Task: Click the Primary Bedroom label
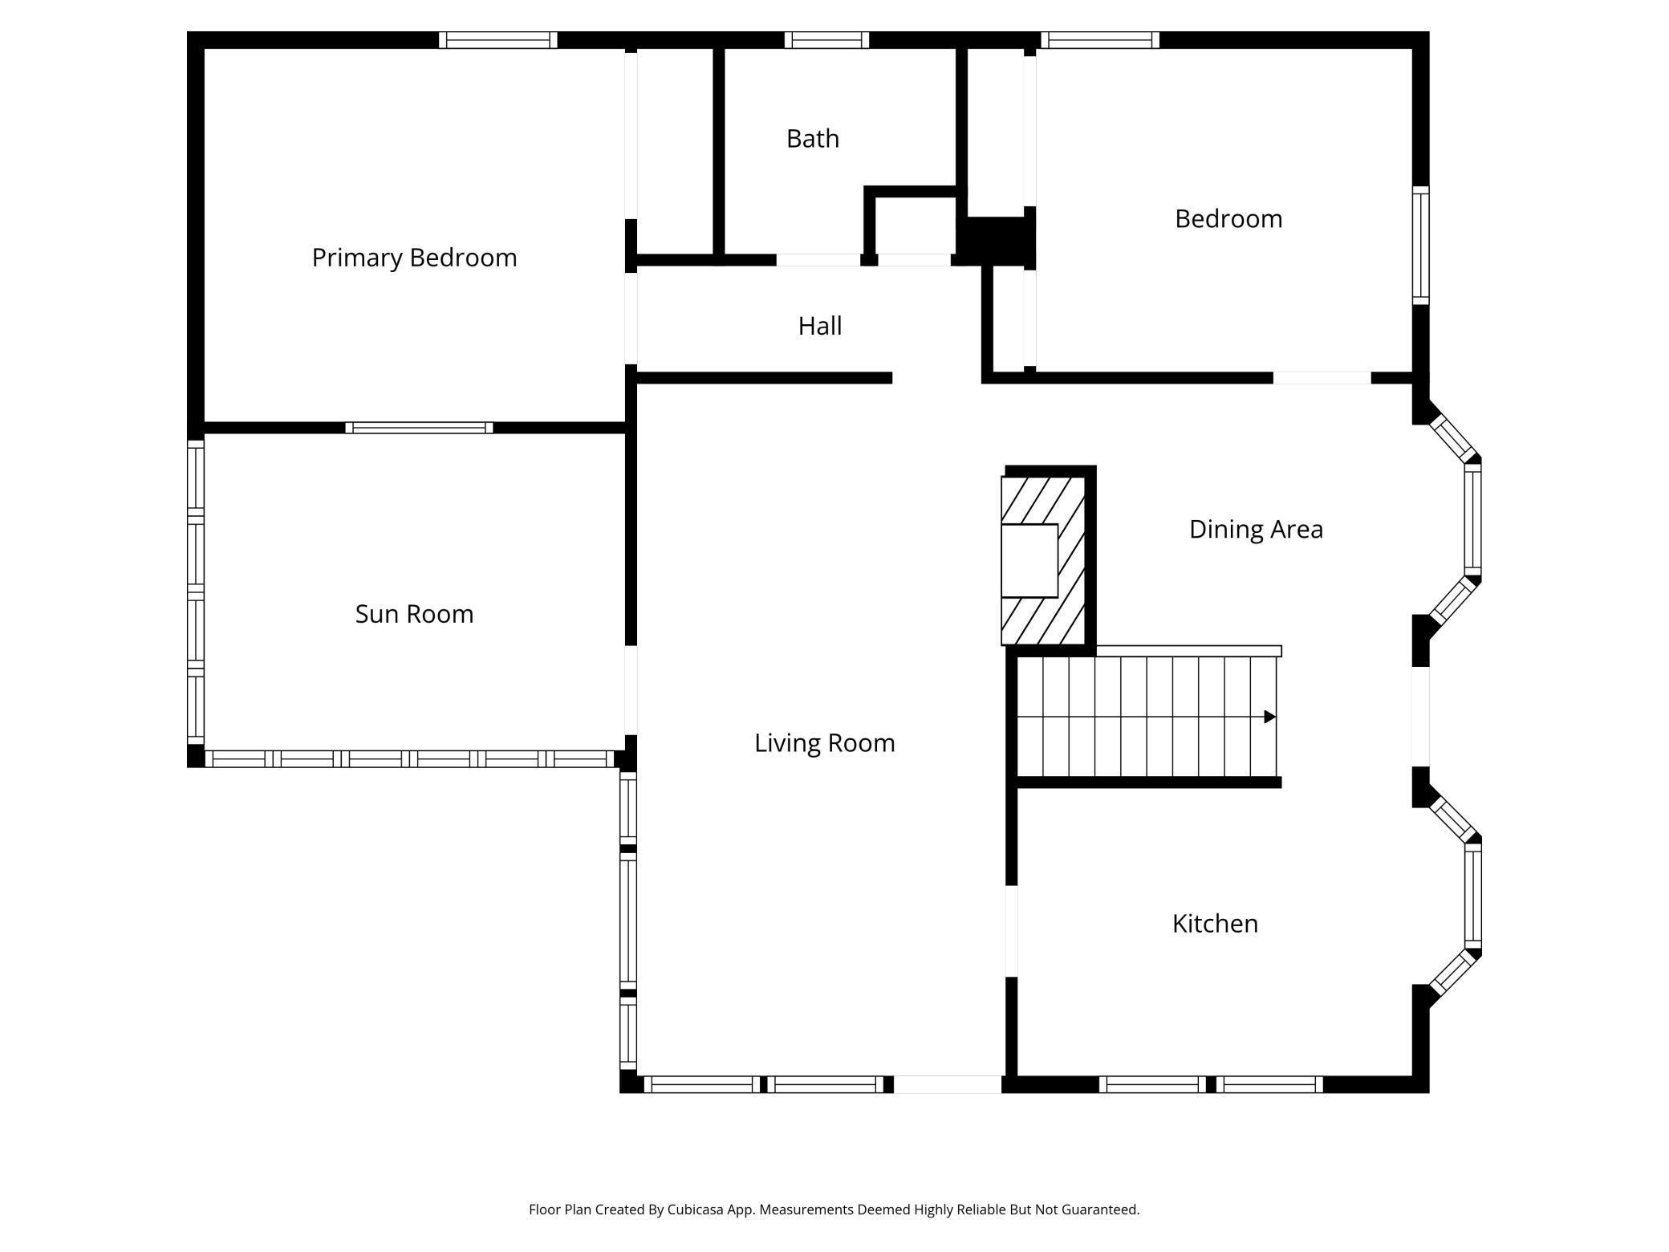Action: point(414,258)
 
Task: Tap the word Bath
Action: point(812,139)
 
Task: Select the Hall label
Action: point(819,326)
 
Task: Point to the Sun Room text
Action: point(414,614)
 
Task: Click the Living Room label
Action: point(824,743)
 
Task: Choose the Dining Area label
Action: point(1255,530)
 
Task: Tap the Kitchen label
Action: point(1214,924)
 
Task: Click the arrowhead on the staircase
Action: point(1269,717)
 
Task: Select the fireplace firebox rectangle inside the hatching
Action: point(1029,560)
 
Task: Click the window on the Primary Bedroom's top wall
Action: point(497,40)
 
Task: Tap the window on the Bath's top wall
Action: point(826,40)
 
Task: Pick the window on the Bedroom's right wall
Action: point(1420,246)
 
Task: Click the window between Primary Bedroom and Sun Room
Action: point(419,428)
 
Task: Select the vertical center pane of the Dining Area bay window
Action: point(1472,520)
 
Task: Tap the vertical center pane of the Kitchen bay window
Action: point(1472,897)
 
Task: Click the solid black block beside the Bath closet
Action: point(995,239)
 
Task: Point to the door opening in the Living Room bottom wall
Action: point(947,1084)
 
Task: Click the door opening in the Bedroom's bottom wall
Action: point(1322,377)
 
